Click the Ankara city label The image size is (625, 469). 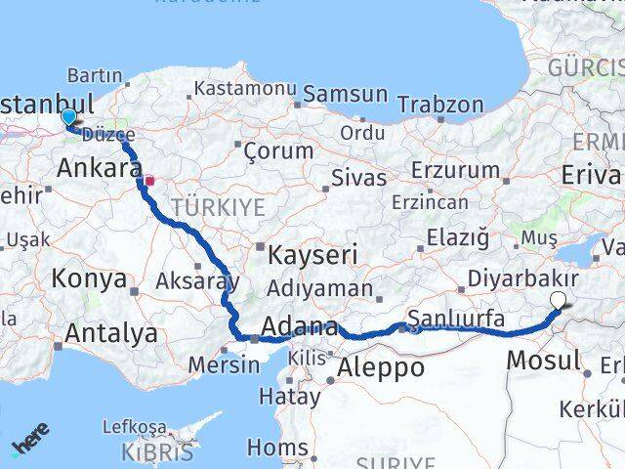(99, 168)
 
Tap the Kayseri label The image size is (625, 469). (312, 255)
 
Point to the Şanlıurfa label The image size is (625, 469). (456, 319)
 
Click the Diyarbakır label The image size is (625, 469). (522, 278)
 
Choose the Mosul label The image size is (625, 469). (543, 360)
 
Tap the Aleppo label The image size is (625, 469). (381, 368)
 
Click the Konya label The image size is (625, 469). (89, 278)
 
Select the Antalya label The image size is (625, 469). (111, 333)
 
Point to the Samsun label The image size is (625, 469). (345, 95)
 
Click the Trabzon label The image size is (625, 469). (440, 104)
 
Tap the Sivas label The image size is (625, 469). (359, 178)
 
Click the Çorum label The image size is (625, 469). (278, 151)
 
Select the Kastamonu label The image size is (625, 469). (244, 88)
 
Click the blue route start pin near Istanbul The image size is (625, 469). (68, 117)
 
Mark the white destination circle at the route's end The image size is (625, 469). (558, 301)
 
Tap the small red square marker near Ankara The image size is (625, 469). (149, 180)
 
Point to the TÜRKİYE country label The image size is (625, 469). (219, 207)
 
